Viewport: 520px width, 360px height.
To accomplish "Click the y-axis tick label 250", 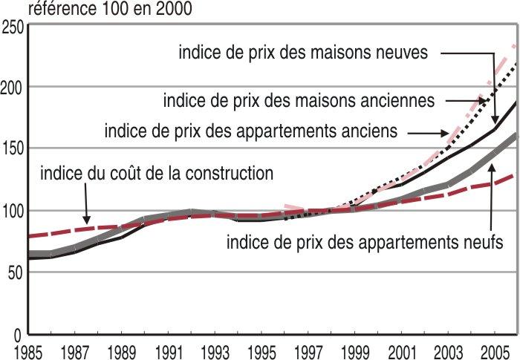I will [14, 27].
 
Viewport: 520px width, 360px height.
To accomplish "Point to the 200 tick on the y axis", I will [14, 88].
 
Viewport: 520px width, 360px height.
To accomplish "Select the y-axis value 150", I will [14, 149].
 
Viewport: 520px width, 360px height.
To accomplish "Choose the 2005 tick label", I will [506, 349].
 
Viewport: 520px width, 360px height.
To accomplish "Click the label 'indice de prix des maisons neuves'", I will [302, 53].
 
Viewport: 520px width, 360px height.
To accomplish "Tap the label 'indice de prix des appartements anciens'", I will [251, 131].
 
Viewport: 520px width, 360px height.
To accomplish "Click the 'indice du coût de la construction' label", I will [156, 174].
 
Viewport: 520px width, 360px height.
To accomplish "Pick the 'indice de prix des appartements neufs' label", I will [365, 242].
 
